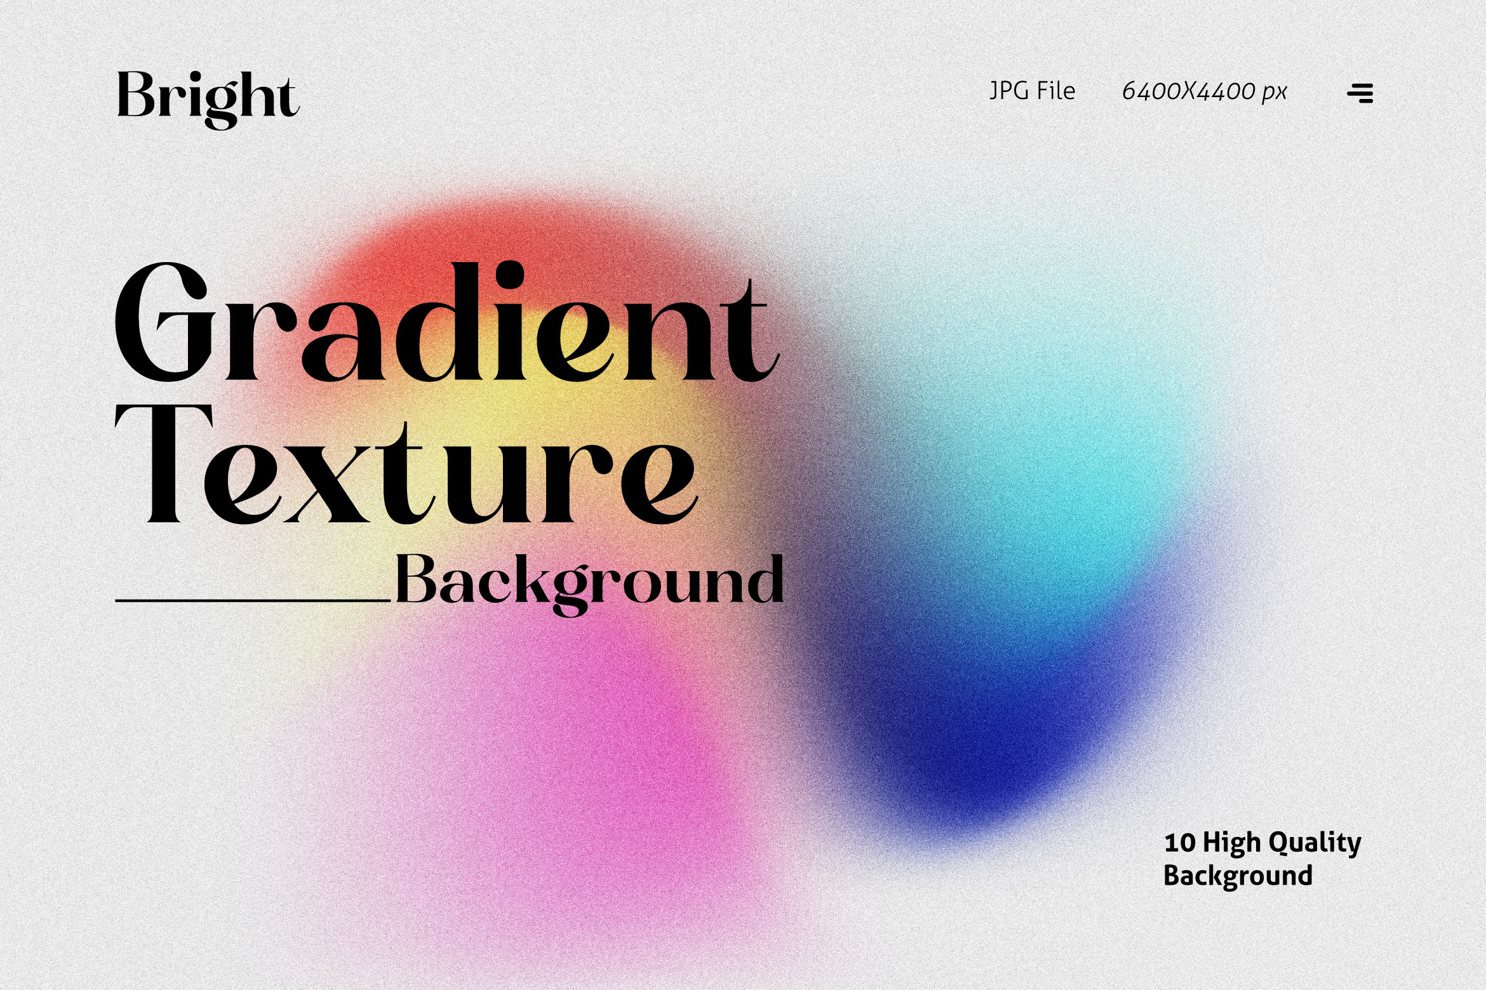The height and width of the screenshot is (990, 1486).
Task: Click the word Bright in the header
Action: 208,98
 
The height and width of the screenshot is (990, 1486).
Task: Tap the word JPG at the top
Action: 1009,91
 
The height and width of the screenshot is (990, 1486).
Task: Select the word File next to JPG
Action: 1055,91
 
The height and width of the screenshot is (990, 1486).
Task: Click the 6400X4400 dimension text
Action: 1188,91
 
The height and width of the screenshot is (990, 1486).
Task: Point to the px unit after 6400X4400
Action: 1275,94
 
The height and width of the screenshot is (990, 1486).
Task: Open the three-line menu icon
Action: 1360,93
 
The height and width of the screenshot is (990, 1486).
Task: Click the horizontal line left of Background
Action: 253,600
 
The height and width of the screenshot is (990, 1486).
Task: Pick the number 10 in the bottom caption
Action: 1180,843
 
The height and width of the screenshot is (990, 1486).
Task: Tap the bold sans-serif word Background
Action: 1238,876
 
